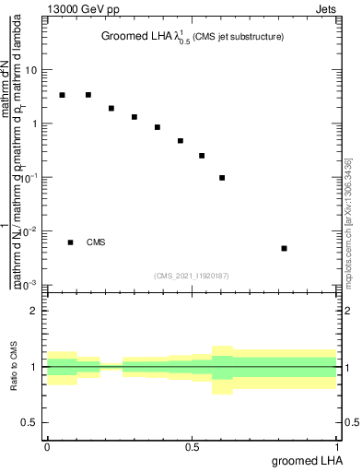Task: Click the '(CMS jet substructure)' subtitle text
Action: pos(239,37)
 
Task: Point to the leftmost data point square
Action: pos(62,95)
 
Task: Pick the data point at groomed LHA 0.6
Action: pos(222,178)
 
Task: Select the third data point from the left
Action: pos(111,108)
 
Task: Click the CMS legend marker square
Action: pos(70,242)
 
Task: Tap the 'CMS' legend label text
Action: pos(96,242)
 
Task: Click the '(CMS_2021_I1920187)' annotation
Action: pos(192,276)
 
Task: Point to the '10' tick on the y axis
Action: pos(33,70)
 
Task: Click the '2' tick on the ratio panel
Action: pos(35,311)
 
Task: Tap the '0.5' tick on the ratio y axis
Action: pos(29,422)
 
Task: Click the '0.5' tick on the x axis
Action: pos(193,446)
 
